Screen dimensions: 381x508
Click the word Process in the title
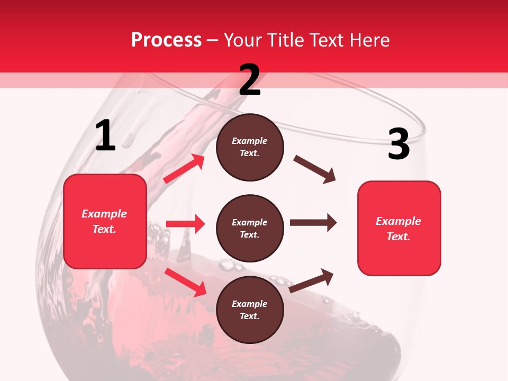coord(166,40)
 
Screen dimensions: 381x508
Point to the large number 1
coord(105,136)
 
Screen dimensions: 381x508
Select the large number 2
coord(250,80)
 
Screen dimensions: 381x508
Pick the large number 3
coord(398,144)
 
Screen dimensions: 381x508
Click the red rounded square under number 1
coord(105,221)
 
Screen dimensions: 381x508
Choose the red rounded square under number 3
coord(399,229)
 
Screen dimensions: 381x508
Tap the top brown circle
coord(250,147)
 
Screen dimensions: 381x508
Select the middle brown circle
coord(250,228)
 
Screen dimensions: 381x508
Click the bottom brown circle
coord(250,310)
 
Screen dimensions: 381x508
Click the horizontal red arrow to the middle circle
coord(185,224)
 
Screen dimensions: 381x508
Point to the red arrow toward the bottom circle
coord(186,282)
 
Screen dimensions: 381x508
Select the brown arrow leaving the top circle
coord(315,169)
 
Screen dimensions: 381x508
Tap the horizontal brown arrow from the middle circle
coord(313,223)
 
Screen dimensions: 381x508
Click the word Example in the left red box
coord(104,214)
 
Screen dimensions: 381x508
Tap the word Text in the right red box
coord(398,237)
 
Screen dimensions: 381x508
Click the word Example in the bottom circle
coord(250,304)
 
